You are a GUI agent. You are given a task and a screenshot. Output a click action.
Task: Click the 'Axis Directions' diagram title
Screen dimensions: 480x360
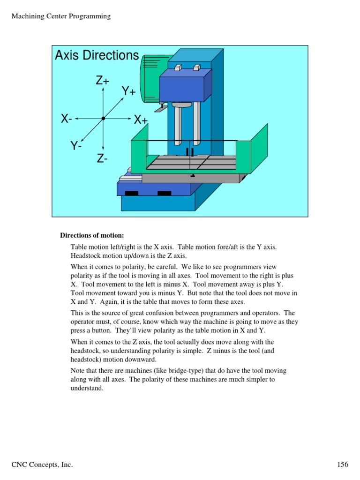click(x=97, y=55)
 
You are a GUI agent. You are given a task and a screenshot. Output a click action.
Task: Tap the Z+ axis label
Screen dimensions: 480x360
click(x=103, y=81)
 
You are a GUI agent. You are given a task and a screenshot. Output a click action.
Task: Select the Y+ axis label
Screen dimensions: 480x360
click(x=129, y=91)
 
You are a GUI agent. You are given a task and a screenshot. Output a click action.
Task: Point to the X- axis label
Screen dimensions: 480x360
click(x=67, y=119)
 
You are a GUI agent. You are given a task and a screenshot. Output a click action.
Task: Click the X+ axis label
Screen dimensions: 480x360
click(x=141, y=120)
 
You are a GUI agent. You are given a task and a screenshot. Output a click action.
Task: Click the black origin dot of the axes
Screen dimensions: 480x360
click(x=103, y=119)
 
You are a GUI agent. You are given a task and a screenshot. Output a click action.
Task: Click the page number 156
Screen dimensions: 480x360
click(x=343, y=465)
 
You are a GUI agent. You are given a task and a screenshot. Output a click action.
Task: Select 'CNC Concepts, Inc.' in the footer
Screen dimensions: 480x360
click(x=42, y=465)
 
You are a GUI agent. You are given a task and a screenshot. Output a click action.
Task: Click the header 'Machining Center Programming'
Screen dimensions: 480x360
click(x=60, y=16)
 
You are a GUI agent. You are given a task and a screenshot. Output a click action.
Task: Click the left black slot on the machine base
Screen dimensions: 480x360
click(x=132, y=194)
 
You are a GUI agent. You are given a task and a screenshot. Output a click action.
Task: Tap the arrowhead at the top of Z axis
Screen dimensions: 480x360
click(x=103, y=89)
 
